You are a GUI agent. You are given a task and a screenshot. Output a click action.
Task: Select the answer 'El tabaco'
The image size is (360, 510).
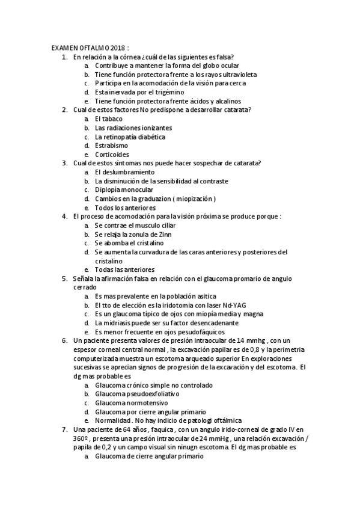(109, 118)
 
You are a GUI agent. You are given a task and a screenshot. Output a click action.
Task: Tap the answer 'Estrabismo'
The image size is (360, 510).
(111, 146)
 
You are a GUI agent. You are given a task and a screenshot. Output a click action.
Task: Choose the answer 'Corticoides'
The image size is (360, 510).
(112, 155)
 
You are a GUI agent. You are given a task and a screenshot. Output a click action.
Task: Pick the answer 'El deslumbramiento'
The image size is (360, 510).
(124, 172)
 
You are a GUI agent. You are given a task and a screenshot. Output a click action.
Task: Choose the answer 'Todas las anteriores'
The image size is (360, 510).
(124, 270)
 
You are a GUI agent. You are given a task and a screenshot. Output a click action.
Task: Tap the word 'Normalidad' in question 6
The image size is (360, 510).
(113, 420)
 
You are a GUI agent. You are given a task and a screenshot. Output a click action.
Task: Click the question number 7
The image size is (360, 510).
(64, 429)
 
